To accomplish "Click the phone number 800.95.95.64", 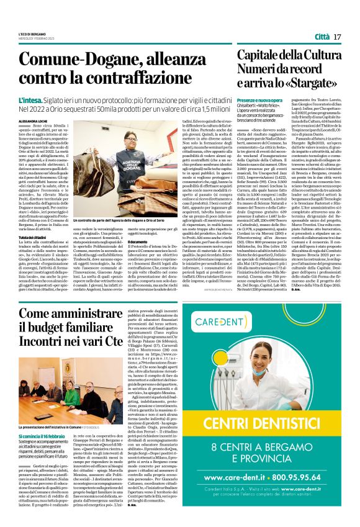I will [303, 495].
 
